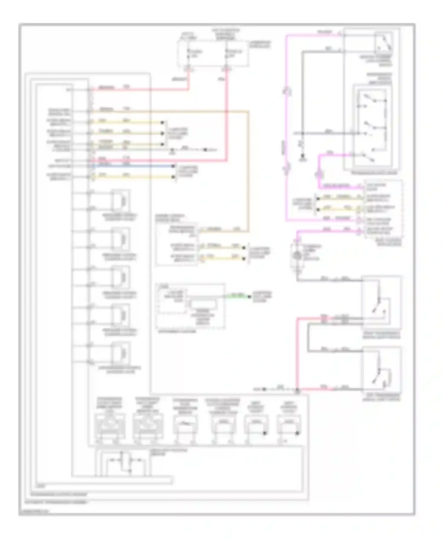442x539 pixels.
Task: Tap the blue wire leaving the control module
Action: click(133, 166)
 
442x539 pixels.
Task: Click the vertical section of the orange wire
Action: click(248, 171)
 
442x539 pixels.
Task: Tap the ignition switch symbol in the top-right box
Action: click(383, 42)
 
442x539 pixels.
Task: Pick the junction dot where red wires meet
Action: click(297, 390)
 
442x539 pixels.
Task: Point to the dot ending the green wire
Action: click(249, 296)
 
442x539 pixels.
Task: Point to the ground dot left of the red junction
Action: click(264, 389)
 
